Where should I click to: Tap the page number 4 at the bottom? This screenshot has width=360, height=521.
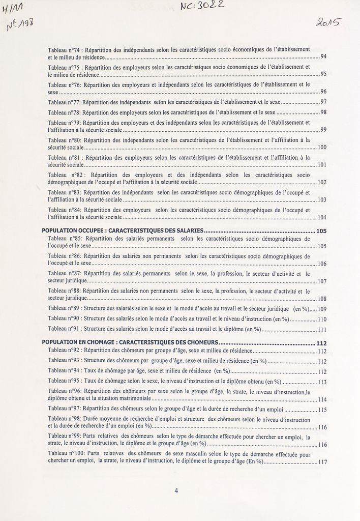coord(176,491)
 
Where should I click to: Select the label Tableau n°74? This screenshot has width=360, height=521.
coord(64,49)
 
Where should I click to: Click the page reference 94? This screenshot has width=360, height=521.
coord(323,56)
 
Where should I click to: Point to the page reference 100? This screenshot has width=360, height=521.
coord(322,147)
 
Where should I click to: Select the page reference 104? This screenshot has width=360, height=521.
coord(322,217)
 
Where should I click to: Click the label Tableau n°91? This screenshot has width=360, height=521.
coord(64,329)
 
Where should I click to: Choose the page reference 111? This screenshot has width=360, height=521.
coord(322,330)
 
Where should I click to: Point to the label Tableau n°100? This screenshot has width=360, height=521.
coord(66,453)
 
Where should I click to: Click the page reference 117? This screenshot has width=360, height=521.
coord(322,462)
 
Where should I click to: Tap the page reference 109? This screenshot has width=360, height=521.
coord(322,309)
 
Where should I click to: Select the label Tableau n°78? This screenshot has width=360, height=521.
coord(64,111)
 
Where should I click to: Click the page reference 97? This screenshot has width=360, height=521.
coord(323,102)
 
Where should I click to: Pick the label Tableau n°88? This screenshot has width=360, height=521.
coord(64,291)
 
